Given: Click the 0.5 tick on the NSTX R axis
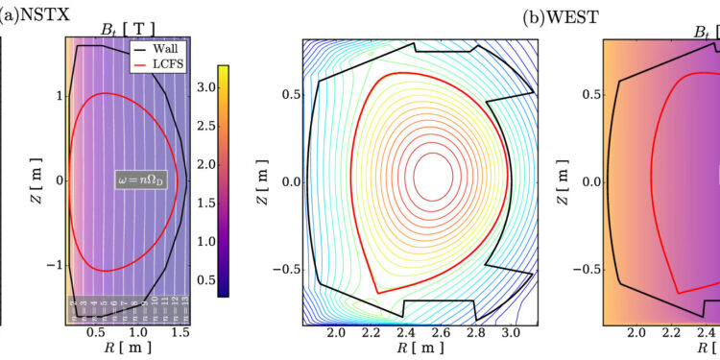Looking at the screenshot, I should tap(95, 331).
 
